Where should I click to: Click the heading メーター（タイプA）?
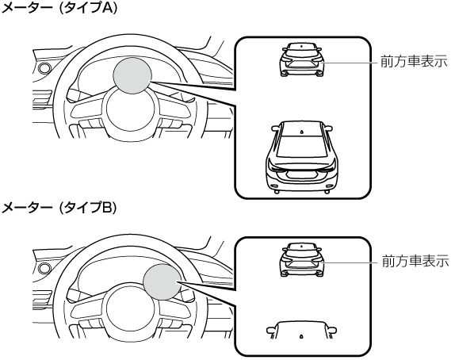(59, 8)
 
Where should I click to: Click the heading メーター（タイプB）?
(59, 209)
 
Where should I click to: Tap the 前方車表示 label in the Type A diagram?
(414, 62)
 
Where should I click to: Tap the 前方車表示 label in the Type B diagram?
(415, 261)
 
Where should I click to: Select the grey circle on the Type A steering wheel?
(132, 75)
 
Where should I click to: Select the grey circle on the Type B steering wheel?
(162, 281)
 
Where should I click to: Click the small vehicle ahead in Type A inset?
(301, 59)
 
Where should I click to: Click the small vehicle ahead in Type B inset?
(302, 259)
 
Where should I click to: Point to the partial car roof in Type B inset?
(301, 330)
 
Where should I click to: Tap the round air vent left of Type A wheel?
(44, 68)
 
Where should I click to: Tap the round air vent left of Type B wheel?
(44, 269)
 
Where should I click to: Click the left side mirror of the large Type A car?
(275, 128)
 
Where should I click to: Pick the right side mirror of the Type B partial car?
(332, 330)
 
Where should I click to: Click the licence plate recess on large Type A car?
(302, 174)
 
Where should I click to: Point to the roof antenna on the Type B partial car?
(301, 336)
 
